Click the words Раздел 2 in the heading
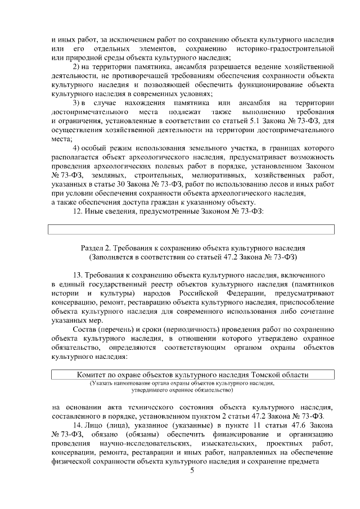(x=98, y=247)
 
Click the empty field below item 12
(x=191, y=229)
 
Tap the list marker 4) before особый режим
(x=78, y=148)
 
